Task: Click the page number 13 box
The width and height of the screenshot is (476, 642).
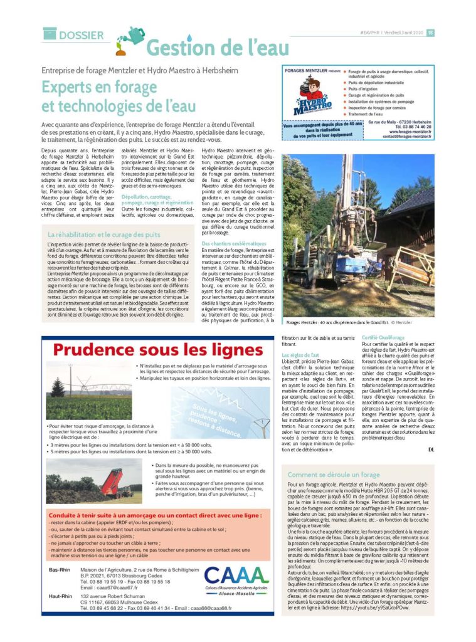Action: coord(430,33)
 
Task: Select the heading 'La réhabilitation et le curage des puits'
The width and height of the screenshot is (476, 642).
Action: coord(103,234)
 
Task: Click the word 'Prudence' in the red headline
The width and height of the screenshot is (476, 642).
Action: coord(92,350)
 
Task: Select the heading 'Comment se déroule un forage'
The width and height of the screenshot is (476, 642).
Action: coord(334,475)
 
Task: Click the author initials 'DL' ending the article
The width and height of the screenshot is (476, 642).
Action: coord(431,450)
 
